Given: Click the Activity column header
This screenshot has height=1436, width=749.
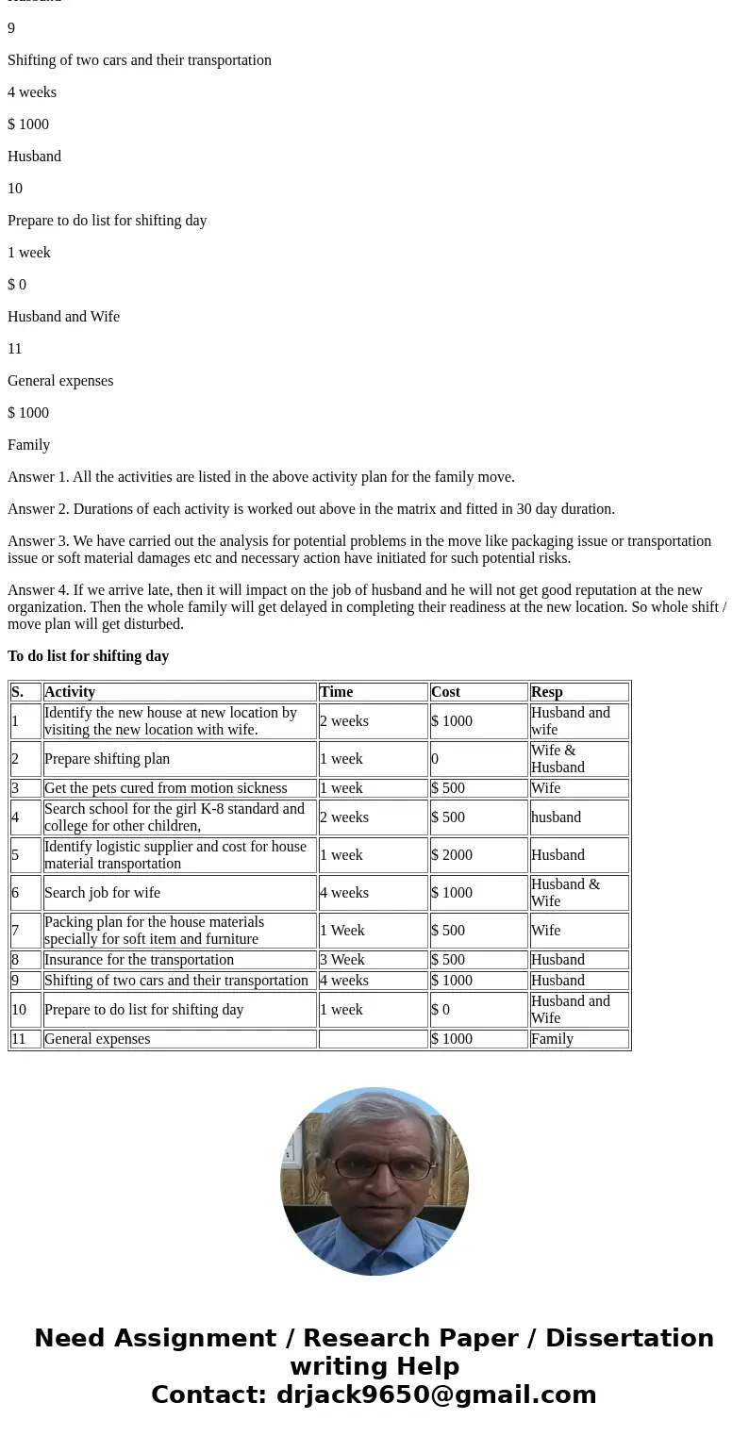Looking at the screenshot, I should (70, 692).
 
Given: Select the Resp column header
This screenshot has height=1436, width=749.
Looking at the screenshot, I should (547, 692).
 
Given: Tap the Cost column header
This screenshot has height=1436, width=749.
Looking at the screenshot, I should (445, 692).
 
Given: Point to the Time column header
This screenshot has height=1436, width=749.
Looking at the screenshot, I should (336, 692).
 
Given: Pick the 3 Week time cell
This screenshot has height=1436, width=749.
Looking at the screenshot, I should (342, 960).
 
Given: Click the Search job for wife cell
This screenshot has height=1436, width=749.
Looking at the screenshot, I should (102, 893).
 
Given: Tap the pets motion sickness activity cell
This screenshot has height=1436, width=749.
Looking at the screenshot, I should (165, 788).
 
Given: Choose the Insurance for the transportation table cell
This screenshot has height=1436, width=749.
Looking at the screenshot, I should (139, 960).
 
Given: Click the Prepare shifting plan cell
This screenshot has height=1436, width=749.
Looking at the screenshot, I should (108, 759).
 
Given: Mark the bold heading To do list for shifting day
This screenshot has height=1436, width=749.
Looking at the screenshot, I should (88, 656).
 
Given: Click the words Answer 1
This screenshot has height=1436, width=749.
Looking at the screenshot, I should (36, 477).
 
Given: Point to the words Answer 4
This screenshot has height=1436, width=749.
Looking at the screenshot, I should (36, 590).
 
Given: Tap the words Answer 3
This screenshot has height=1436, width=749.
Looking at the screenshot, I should (36, 541).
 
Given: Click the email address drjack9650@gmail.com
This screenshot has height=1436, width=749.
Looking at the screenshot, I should (436, 1395).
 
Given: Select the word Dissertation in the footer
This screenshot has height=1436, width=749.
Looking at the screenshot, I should (629, 1339).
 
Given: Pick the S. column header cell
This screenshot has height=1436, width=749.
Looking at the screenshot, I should (18, 692).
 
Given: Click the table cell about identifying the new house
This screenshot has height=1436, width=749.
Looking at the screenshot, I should (170, 721).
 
